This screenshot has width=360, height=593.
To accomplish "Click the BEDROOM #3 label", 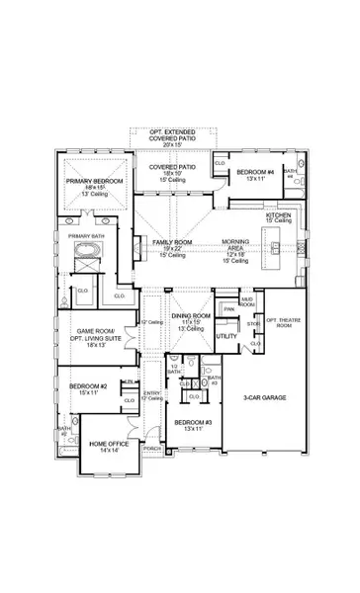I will click(x=188, y=425).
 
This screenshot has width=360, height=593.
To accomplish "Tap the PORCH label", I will click(x=152, y=448).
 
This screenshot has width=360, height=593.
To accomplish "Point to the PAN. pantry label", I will click(x=227, y=308).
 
